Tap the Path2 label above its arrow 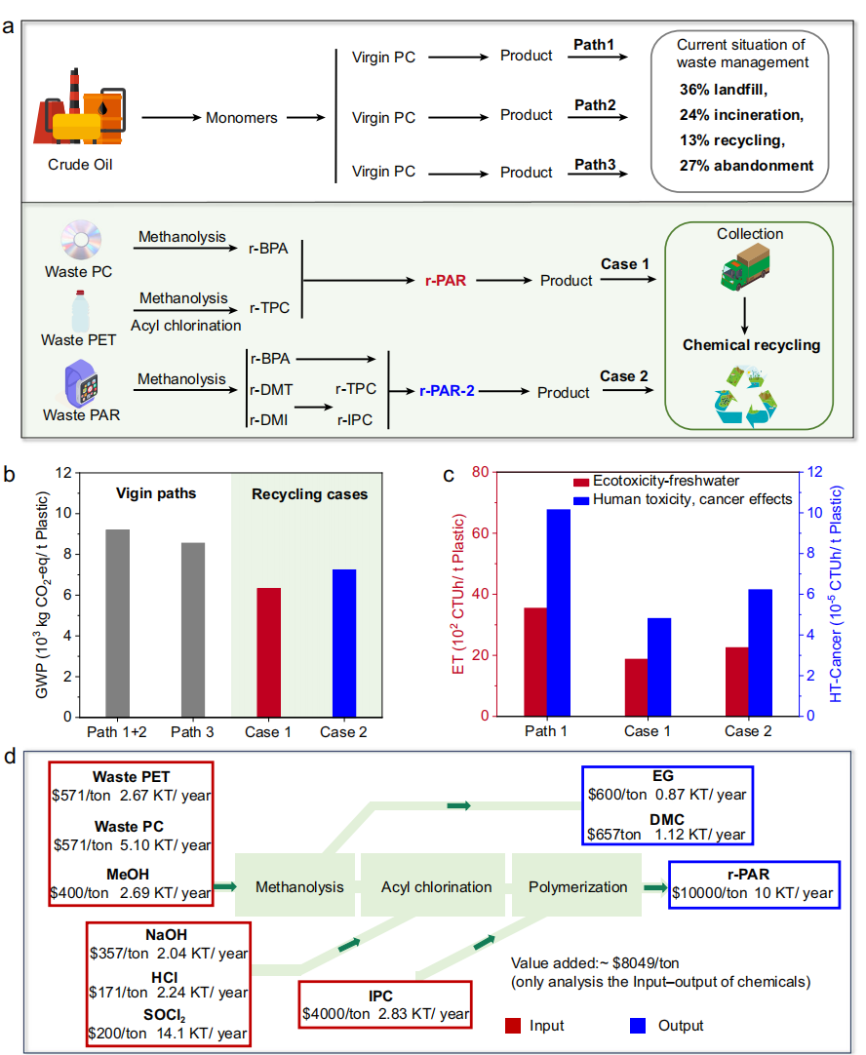click(596, 105)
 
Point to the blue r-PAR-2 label click(448, 391)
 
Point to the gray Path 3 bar click(192, 629)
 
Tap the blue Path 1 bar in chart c click(558, 612)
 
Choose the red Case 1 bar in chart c click(636, 687)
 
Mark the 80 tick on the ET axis click(482, 472)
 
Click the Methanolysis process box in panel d click(298, 887)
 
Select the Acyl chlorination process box click(436, 887)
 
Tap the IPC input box click(384, 1004)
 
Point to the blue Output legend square click(641, 1026)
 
